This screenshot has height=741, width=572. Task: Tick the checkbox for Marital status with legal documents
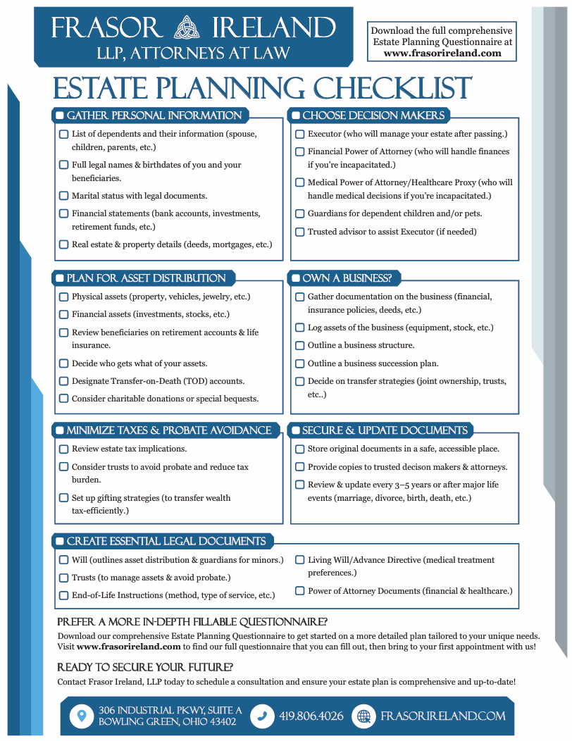64,196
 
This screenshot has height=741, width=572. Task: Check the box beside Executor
300,134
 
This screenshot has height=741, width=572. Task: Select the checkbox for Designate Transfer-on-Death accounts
64,381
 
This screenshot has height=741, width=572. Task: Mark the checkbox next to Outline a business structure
300,346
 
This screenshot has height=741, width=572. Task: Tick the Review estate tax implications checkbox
64,449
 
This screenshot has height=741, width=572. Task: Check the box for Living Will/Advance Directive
300,560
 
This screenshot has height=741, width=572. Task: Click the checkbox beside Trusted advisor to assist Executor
300,232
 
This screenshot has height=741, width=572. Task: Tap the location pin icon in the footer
82,716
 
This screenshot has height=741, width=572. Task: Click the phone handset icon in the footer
262,716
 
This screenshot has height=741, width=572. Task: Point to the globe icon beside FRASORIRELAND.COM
364,716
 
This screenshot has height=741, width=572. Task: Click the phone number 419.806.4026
311,716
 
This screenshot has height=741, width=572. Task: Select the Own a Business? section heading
347,278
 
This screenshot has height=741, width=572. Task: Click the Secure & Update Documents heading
385,430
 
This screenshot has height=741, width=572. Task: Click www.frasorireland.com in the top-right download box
442,53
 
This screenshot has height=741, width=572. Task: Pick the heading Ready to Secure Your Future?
145,667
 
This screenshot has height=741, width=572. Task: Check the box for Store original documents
300,449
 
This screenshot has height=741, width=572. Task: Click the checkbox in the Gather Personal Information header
61,116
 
